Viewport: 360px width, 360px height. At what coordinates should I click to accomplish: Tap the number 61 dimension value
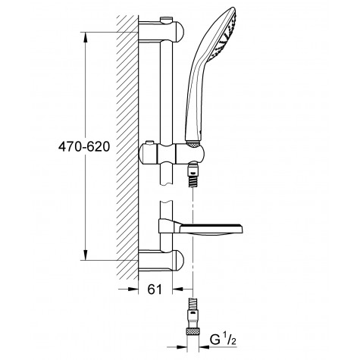(x=155, y=289)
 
